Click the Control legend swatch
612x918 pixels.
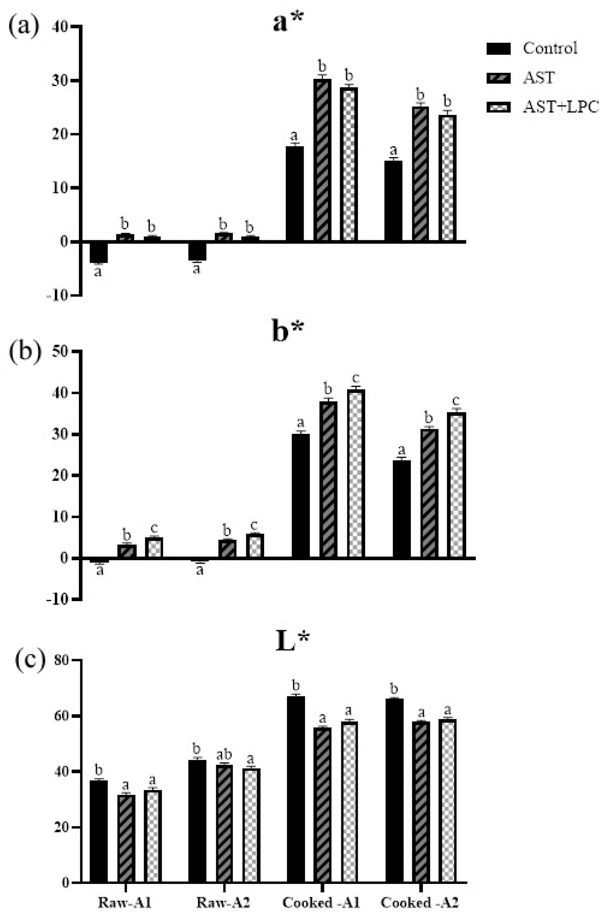499,49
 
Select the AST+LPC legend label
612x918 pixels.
561,107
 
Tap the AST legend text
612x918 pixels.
539,78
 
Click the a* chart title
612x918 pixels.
288,22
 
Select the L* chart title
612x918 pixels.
292,642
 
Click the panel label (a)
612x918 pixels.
24,27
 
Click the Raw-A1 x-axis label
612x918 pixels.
124,902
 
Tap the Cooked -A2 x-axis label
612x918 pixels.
419,902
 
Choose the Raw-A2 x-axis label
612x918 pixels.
223,902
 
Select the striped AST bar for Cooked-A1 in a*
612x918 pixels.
322,160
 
